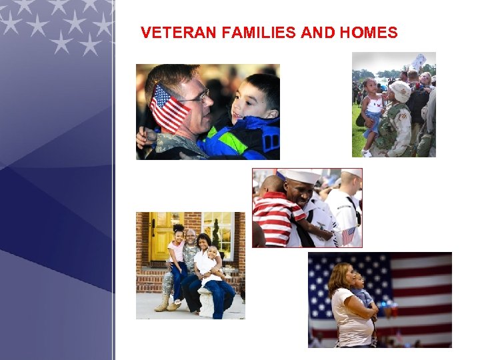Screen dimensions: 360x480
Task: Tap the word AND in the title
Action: (x=317, y=33)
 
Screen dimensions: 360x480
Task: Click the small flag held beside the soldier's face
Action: (x=169, y=108)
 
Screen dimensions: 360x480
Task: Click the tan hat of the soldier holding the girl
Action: (x=399, y=90)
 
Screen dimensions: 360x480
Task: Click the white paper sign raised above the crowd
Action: (x=418, y=61)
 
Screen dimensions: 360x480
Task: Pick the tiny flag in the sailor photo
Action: (x=348, y=235)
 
